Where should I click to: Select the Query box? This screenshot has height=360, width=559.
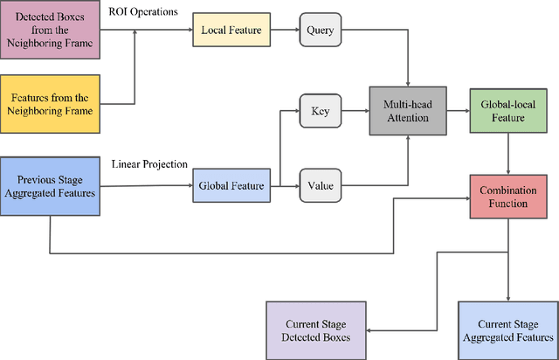pos(321,31)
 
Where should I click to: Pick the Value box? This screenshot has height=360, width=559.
pos(321,184)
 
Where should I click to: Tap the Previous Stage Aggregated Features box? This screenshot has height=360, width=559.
pos(51,184)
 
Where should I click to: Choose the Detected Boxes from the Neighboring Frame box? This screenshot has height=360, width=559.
pos(51,31)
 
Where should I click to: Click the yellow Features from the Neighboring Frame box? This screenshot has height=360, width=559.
pos(51,102)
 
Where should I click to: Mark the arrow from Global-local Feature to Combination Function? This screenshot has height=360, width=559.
pos(507,155)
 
